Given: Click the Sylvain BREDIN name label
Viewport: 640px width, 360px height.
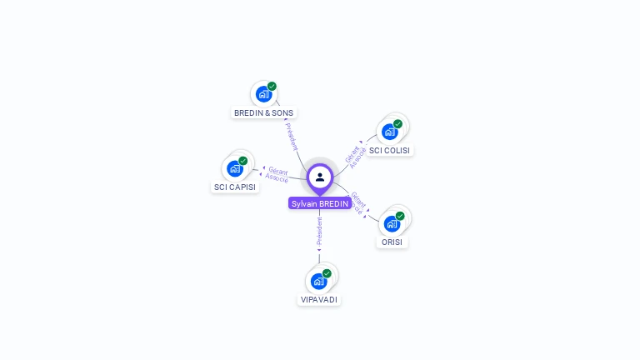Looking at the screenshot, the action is click(x=320, y=203).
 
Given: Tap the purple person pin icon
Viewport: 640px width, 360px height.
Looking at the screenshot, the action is click(x=320, y=177).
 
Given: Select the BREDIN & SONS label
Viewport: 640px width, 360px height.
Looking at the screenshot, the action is click(x=263, y=112).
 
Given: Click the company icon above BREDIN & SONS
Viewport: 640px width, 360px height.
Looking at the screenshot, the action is click(x=263, y=93).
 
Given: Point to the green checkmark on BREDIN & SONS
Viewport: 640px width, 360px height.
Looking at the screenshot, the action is click(x=272, y=86).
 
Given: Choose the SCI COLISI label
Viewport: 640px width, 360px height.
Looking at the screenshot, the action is click(x=390, y=150).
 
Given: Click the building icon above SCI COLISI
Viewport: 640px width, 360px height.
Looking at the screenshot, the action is click(x=389, y=131).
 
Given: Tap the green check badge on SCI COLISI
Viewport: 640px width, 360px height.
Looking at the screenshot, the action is click(x=398, y=123).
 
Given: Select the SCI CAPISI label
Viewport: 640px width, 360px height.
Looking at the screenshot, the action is click(x=235, y=187).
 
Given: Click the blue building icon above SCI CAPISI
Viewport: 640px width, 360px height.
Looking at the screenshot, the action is click(x=235, y=167).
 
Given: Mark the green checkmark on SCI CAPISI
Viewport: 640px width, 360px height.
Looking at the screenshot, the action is click(x=243, y=160).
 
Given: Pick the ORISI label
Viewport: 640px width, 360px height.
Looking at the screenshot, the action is click(x=392, y=242).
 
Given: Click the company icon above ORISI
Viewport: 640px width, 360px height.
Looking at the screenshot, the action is click(x=392, y=223).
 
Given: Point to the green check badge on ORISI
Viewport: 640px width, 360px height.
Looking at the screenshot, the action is click(x=400, y=216).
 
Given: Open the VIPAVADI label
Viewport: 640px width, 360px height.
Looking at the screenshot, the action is click(x=319, y=299).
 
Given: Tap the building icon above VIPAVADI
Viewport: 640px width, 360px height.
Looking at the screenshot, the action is click(x=318, y=281).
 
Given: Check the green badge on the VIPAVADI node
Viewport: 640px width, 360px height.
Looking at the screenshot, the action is click(x=327, y=273).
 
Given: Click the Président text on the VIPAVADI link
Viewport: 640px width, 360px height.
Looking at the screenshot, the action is click(x=319, y=230).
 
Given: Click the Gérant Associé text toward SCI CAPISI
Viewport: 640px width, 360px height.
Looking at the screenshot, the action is click(x=277, y=174).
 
